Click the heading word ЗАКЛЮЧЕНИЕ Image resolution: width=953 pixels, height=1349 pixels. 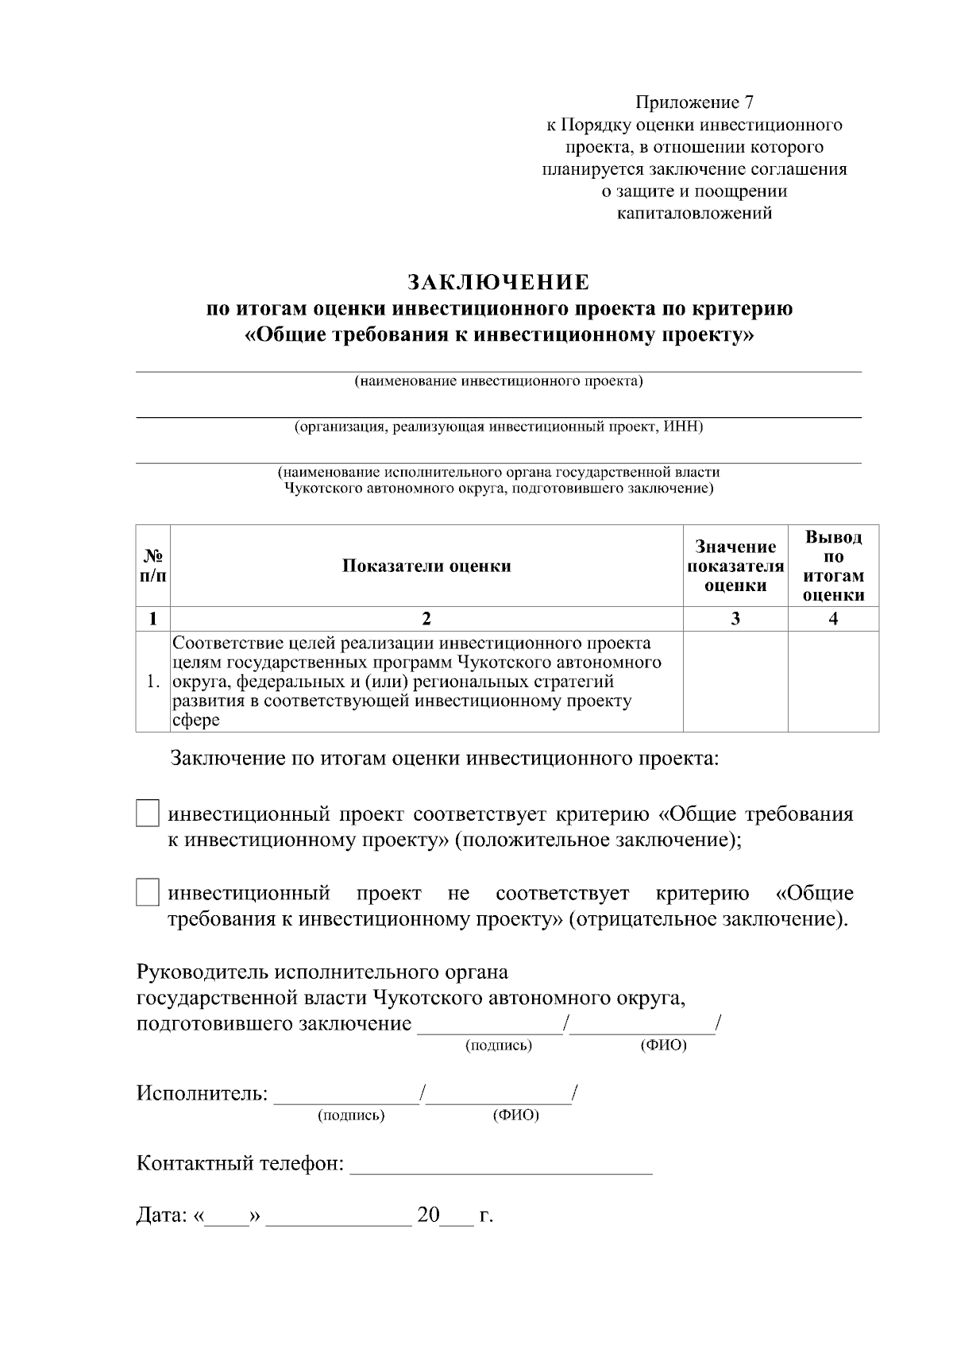[x=498, y=282]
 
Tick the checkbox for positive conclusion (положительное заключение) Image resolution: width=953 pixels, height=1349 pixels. [x=148, y=814]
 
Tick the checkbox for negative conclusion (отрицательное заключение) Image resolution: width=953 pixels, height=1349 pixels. [x=148, y=893]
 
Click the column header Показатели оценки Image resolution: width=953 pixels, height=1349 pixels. [x=426, y=566]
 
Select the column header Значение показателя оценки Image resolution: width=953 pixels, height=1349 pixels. [x=735, y=566]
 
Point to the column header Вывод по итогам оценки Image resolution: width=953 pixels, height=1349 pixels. [x=833, y=566]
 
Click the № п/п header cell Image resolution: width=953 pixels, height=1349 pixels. [x=153, y=566]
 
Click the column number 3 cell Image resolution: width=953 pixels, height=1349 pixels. [x=735, y=619]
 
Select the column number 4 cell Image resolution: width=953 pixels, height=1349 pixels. [x=833, y=619]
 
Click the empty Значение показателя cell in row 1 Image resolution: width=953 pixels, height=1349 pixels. [x=735, y=681]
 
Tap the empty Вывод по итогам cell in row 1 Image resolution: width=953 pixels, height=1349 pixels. [x=833, y=681]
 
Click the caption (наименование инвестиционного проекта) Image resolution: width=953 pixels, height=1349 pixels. [x=498, y=381]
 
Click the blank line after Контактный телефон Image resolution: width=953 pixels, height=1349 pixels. [x=500, y=1166]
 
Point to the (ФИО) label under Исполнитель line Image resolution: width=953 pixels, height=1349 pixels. [x=515, y=1115]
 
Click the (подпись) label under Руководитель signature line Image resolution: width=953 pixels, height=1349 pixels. [x=498, y=1046]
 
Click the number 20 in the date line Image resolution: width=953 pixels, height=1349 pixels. [x=428, y=1216]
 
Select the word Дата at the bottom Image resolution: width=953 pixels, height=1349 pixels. [x=161, y=1216]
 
